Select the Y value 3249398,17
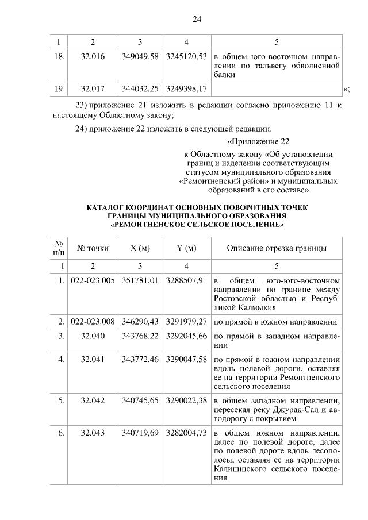pos(186,88)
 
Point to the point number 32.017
pos(93,88)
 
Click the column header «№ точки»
pos(93,248)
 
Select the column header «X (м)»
pos(140,248)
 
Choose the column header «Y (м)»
pos(186,248)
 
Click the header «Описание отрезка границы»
pos(277,248)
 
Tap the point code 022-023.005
pos(93,281)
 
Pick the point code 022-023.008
pos(93,321)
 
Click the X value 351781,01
pos(140,281)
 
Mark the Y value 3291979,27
pos(186,321)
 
